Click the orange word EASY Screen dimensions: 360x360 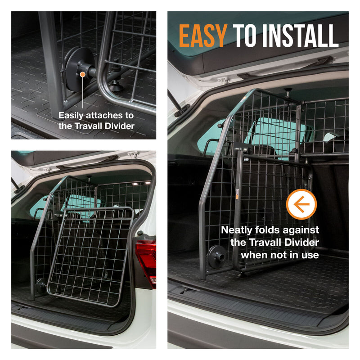coord(203,36)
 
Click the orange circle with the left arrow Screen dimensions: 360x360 coord(301,204)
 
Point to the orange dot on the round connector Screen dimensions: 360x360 coord(83,74)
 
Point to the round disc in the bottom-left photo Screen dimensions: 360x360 coord(41,285)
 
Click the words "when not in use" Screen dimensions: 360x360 coord(279,255)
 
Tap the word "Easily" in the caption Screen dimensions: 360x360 coord(71,116)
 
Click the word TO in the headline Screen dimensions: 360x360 coord(244,36)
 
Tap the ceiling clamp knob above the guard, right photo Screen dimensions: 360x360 coord(287,92)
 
